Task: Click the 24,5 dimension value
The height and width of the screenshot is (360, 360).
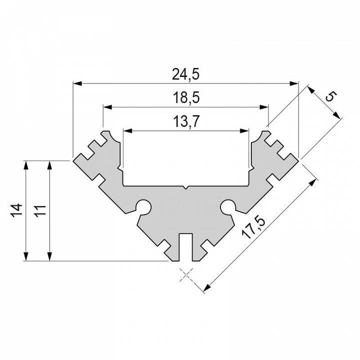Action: tap(186, 74)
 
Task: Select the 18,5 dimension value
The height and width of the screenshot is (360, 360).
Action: tap(186, 98)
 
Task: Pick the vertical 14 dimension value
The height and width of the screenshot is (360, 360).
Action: tap(16, 210)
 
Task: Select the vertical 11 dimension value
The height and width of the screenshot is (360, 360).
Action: tap(41, 210)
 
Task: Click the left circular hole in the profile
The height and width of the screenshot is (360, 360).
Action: tap(144, 205)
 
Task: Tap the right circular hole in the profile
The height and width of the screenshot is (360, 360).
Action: tap(228, 205)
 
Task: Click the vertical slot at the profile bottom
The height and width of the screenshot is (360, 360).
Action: tap(186, 246)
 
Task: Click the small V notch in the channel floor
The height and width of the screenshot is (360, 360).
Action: tap(186, 188)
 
